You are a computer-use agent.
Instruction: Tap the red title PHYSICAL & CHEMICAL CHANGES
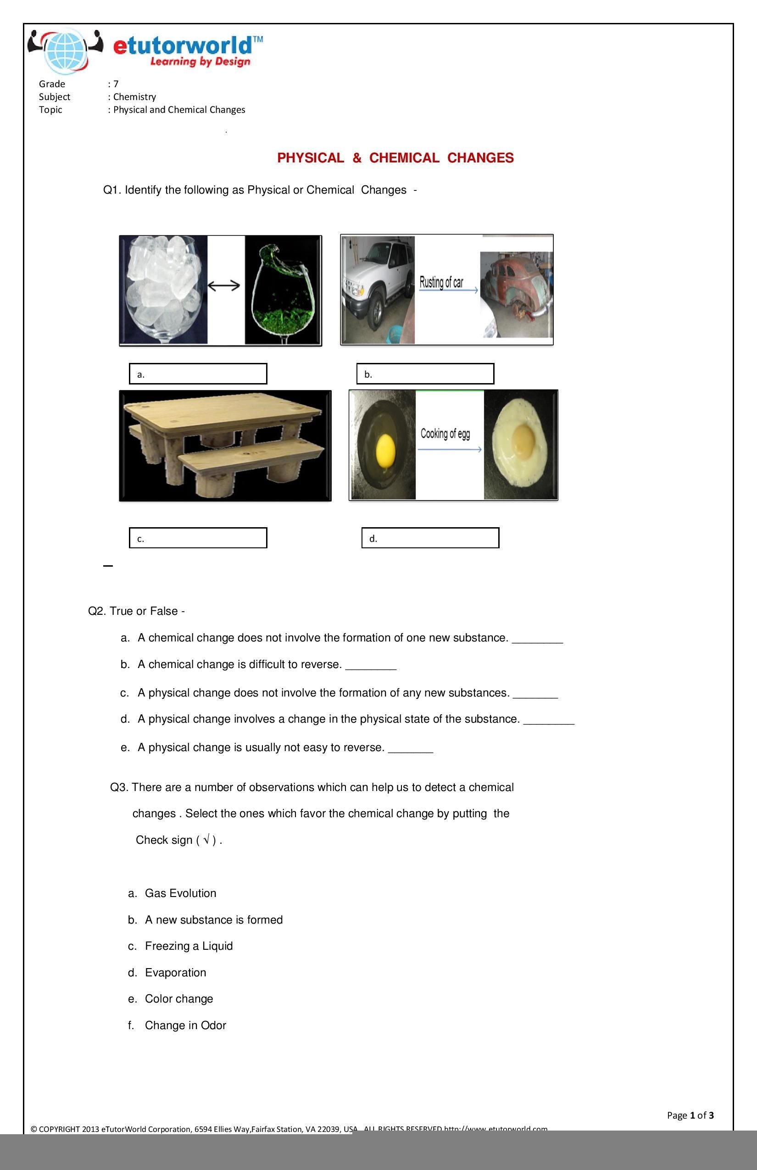tap(395, 158)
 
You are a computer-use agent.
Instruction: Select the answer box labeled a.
tap(198, 373)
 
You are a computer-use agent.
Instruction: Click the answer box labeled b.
tap(425, 373)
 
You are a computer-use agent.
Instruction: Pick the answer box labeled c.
tap(198, 538)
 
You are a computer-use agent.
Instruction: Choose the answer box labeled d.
tap(430, 538)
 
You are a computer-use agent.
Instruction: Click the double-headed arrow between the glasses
tap(224, 285)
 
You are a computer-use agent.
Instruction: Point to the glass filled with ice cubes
tap(163, 288)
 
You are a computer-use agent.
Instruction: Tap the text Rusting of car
tap(441, 282)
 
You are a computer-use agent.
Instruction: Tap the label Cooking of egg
tap(445, 434)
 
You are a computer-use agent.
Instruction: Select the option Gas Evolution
tap(180, 893)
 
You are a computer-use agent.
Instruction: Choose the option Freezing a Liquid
tap(188, 946)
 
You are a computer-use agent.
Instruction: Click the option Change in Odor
tap(185, 1025)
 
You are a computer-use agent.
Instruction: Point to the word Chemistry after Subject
tap(134, 97)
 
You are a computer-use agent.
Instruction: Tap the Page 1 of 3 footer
tap(690, 1115)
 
